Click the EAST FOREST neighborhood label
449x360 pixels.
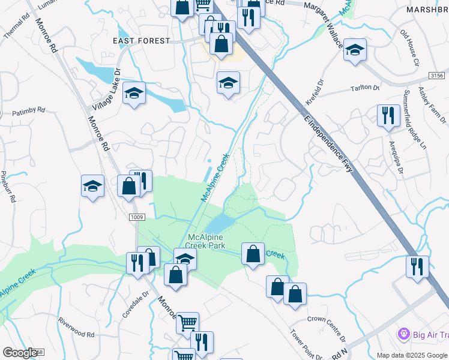tap(142, 41)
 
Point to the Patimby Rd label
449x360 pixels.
tap(28, 110)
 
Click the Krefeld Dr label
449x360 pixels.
tap(317, 94)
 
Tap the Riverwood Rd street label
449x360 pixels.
tap(76, 330)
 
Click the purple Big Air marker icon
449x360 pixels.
tap(403, 334)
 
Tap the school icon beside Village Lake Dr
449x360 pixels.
tap(134, 93)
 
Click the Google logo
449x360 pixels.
tap(20, 352)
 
